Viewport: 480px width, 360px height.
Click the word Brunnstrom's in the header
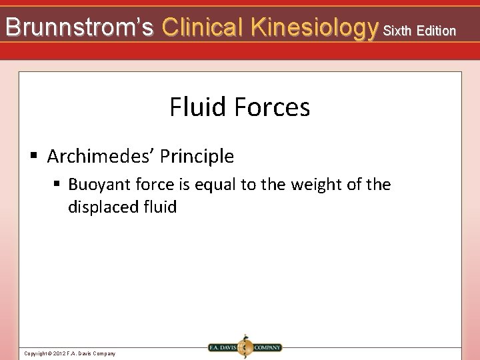[x=79, y=27]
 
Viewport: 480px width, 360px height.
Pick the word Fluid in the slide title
[x=195, y=107]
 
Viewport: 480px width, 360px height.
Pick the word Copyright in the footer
[x=35, y=353]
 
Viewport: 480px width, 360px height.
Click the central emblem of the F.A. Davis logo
[x=245, y=347]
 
